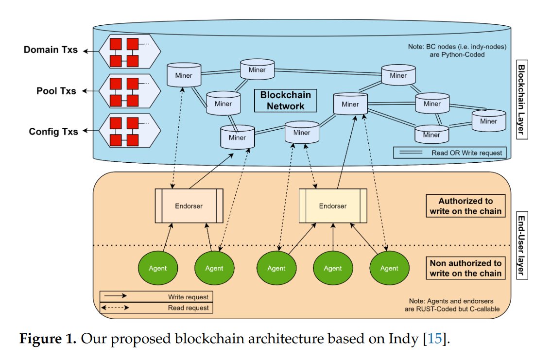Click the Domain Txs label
tap(51, 50)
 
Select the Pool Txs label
tap(56, 91)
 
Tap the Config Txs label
tap(53, 132)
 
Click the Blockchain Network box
tap(285, 101)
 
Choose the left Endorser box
tap(189, 206)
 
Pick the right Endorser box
tap(333, 206)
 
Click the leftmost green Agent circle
tap(158, 268)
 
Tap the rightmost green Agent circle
tap(389, 268)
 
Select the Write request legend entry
tap(156, 296)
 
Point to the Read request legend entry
tap(156, 308)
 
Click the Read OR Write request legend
tap(449, 153)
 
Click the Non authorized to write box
tap(465, 268)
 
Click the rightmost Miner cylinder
tap(488, 120)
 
